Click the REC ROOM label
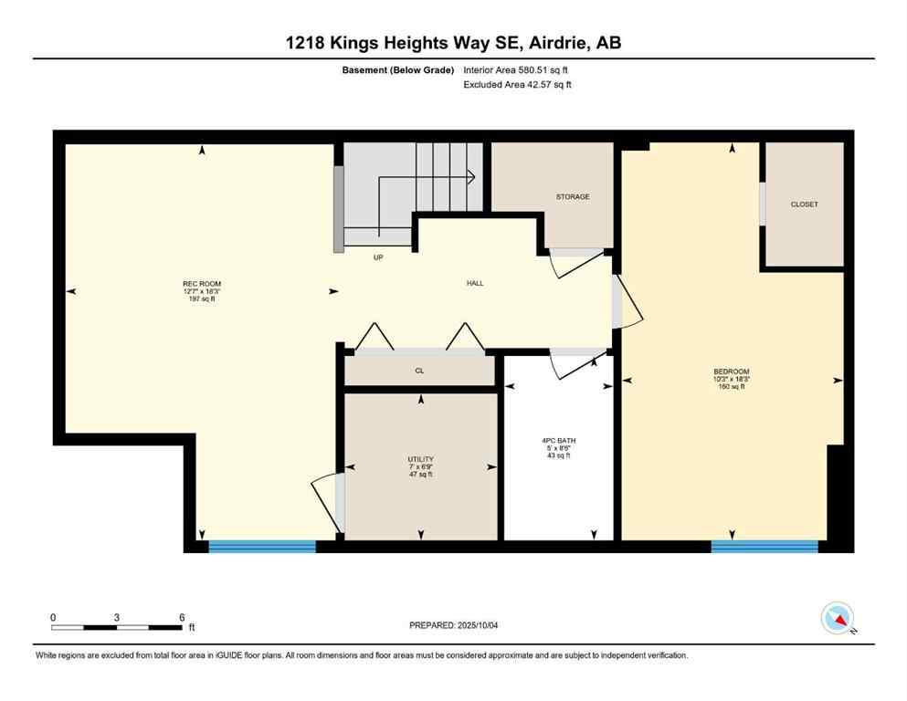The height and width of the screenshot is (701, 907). point(202,284)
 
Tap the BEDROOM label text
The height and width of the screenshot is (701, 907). point(731,371)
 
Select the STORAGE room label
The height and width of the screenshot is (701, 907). point(573,197)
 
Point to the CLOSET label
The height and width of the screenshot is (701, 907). point(804,204)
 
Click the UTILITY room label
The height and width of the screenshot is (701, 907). point(420,459)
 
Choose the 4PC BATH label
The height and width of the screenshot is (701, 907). point(558,441)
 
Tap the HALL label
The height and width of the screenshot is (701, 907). point(475,283)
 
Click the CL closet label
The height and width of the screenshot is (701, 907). point(419,371)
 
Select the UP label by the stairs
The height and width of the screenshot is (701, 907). point(378,257)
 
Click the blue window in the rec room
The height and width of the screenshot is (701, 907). point(261,547)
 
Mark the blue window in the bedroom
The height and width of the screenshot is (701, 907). point(764,547)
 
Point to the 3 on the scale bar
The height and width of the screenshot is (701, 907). point(117,617)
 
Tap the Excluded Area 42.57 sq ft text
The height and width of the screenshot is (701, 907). point(518,85)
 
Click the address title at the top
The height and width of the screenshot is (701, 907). point(453,43)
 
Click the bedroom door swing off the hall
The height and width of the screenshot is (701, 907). point(628,304)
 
